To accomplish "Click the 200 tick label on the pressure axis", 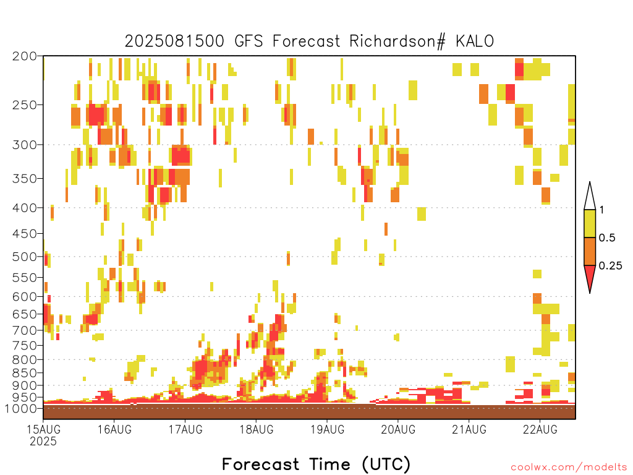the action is tap(25, 56).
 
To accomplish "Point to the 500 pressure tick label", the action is tap(25, 257).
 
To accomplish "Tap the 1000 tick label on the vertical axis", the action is tap(21, 409).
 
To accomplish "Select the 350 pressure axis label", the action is tap(25, 179).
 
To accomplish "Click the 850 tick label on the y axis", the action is tap(25, 373).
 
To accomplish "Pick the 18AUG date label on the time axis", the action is tap(257, 429).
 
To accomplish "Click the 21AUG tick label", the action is tap(469, 429).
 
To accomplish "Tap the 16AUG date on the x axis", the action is tap(114, 429).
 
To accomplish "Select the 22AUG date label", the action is tap(540, 429).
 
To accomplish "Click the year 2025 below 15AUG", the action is tap(43, 441).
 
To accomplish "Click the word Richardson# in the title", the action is tap(397, 41).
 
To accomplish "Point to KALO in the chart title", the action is tap(475, 41).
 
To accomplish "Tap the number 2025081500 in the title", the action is tap(174, 41).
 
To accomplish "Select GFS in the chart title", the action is tap(249, 41).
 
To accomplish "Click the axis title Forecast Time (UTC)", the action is tap(316, 464).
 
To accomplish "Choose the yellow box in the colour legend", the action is tap(590, 223).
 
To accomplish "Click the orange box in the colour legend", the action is tap(590, 251).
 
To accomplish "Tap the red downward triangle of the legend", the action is tap(590, 276).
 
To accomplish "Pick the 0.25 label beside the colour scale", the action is tap(610, 266).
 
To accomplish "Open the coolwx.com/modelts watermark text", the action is tap(569, 468).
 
